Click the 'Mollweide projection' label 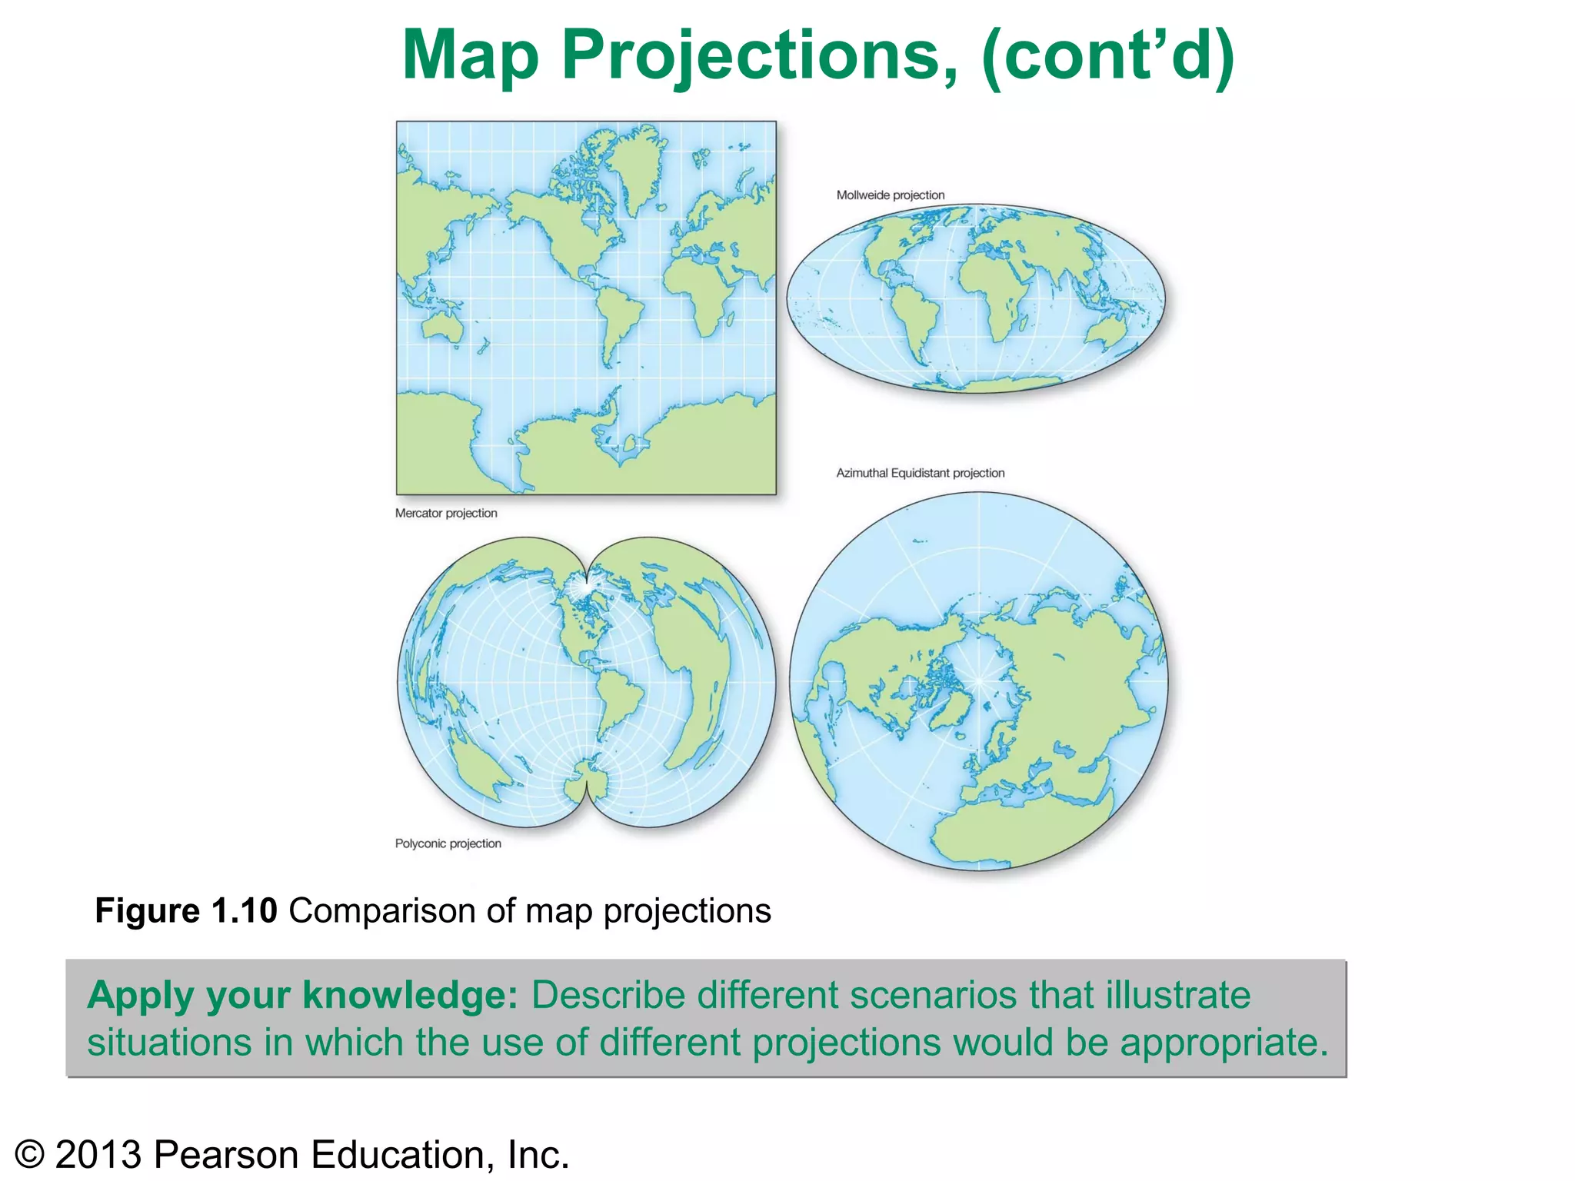click(890, 195)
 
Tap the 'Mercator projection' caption click(446, 513)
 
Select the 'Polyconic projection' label click(448, 843)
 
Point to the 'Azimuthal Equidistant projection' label click(920, 473)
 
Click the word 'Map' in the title click(470, 55)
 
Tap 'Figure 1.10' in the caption click(185, 911)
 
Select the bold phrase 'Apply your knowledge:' click(303, 995)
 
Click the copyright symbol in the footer click(29, 1156)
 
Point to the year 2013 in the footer click(98, 1156)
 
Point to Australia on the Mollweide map click(1109, 335)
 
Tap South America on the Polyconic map click(619, 696)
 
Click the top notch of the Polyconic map click(586, 573)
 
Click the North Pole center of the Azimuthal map click(979, 681)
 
